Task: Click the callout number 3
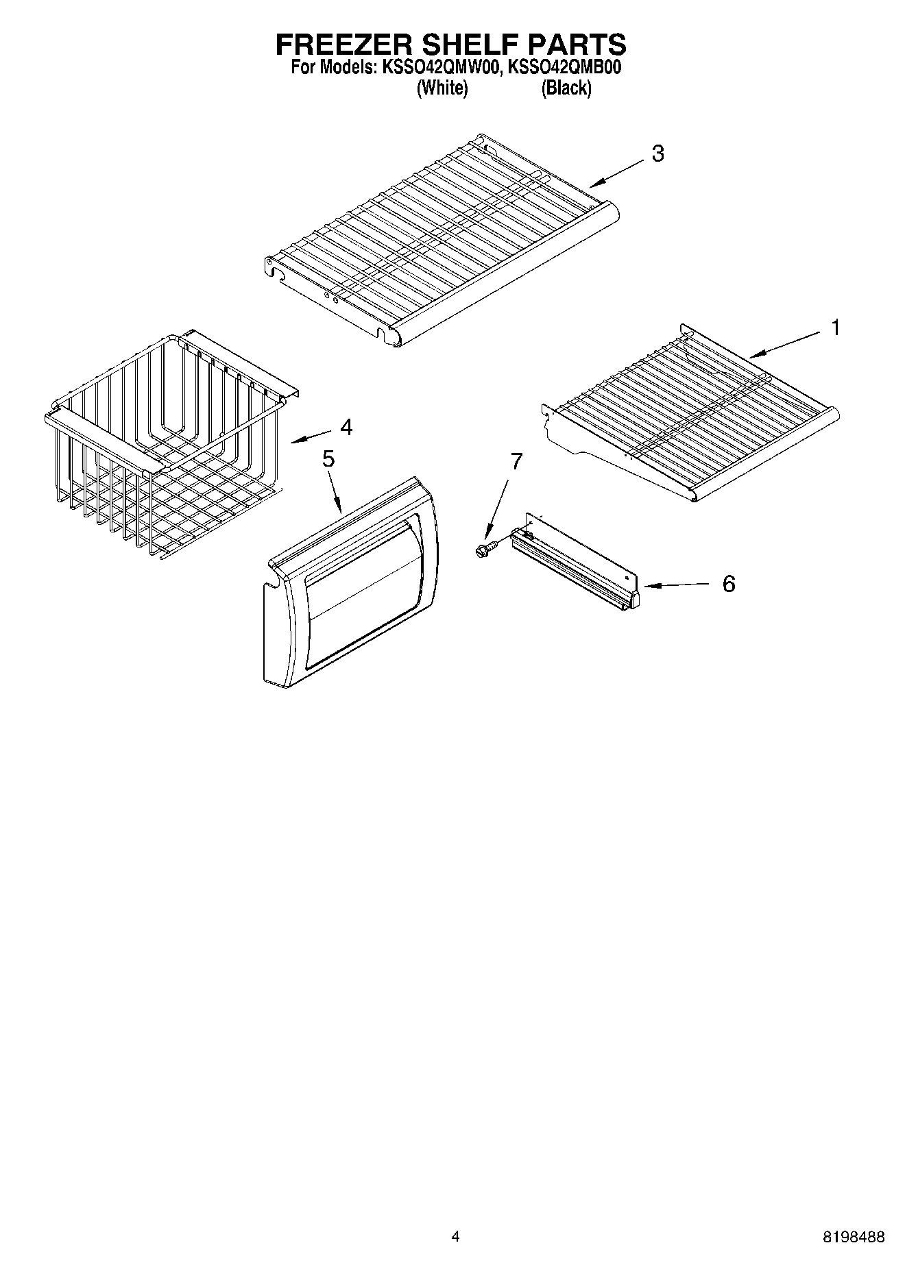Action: click(657, 153)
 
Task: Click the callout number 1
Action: click(835, 328)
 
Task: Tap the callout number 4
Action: click(346, 428)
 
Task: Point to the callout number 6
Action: click(728, 584)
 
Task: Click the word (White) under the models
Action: click(442, 88)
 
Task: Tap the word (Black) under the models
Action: click(566, 88)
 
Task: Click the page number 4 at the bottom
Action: click(455, 1237)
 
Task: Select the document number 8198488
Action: click(853, 1238)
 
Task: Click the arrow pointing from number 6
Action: click(675, 585)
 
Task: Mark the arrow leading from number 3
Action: click(617, 172)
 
